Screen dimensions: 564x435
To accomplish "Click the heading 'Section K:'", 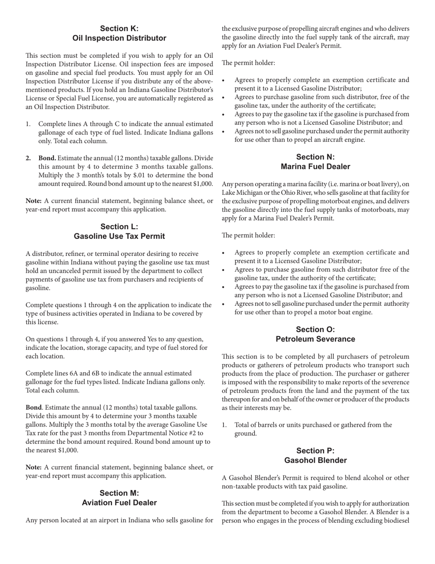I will pos(119,28).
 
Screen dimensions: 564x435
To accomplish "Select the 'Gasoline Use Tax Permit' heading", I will pos(119,236).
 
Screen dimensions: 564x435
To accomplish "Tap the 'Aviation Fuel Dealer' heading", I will pos(119,503).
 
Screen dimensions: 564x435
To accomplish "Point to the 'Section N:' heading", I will pos(315,157).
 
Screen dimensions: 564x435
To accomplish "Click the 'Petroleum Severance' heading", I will pos(315,339).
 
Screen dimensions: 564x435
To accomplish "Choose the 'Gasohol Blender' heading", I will pos(315,460).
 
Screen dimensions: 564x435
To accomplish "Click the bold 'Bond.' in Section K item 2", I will pos(48,158).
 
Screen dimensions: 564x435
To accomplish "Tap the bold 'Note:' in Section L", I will pos(33,467).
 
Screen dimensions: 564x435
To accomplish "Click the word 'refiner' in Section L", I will pos(76,254).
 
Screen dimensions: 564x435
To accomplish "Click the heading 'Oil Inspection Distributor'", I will pos(119,38).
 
